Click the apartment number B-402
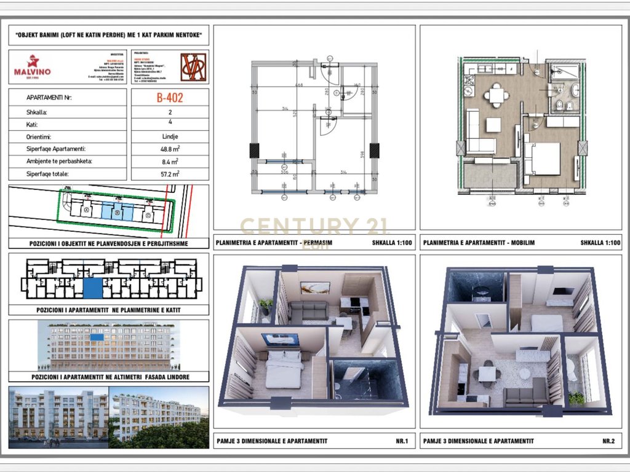[x=170, y=97]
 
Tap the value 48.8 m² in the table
[x=170, y=149]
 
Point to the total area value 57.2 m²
[x=170, y=174]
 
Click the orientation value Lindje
[x=170, y=136]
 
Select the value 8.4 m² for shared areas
[x=170, y=162]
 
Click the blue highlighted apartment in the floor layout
[x=92, y=288]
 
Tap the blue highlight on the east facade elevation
[x=97, y=337]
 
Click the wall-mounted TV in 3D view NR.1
[x=280, y=339]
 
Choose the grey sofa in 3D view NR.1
[x=308, y=310]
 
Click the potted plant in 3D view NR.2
[x=576, y=398]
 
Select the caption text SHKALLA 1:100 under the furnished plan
[x=600, y=243]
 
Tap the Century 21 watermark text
[x=314, y=226]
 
